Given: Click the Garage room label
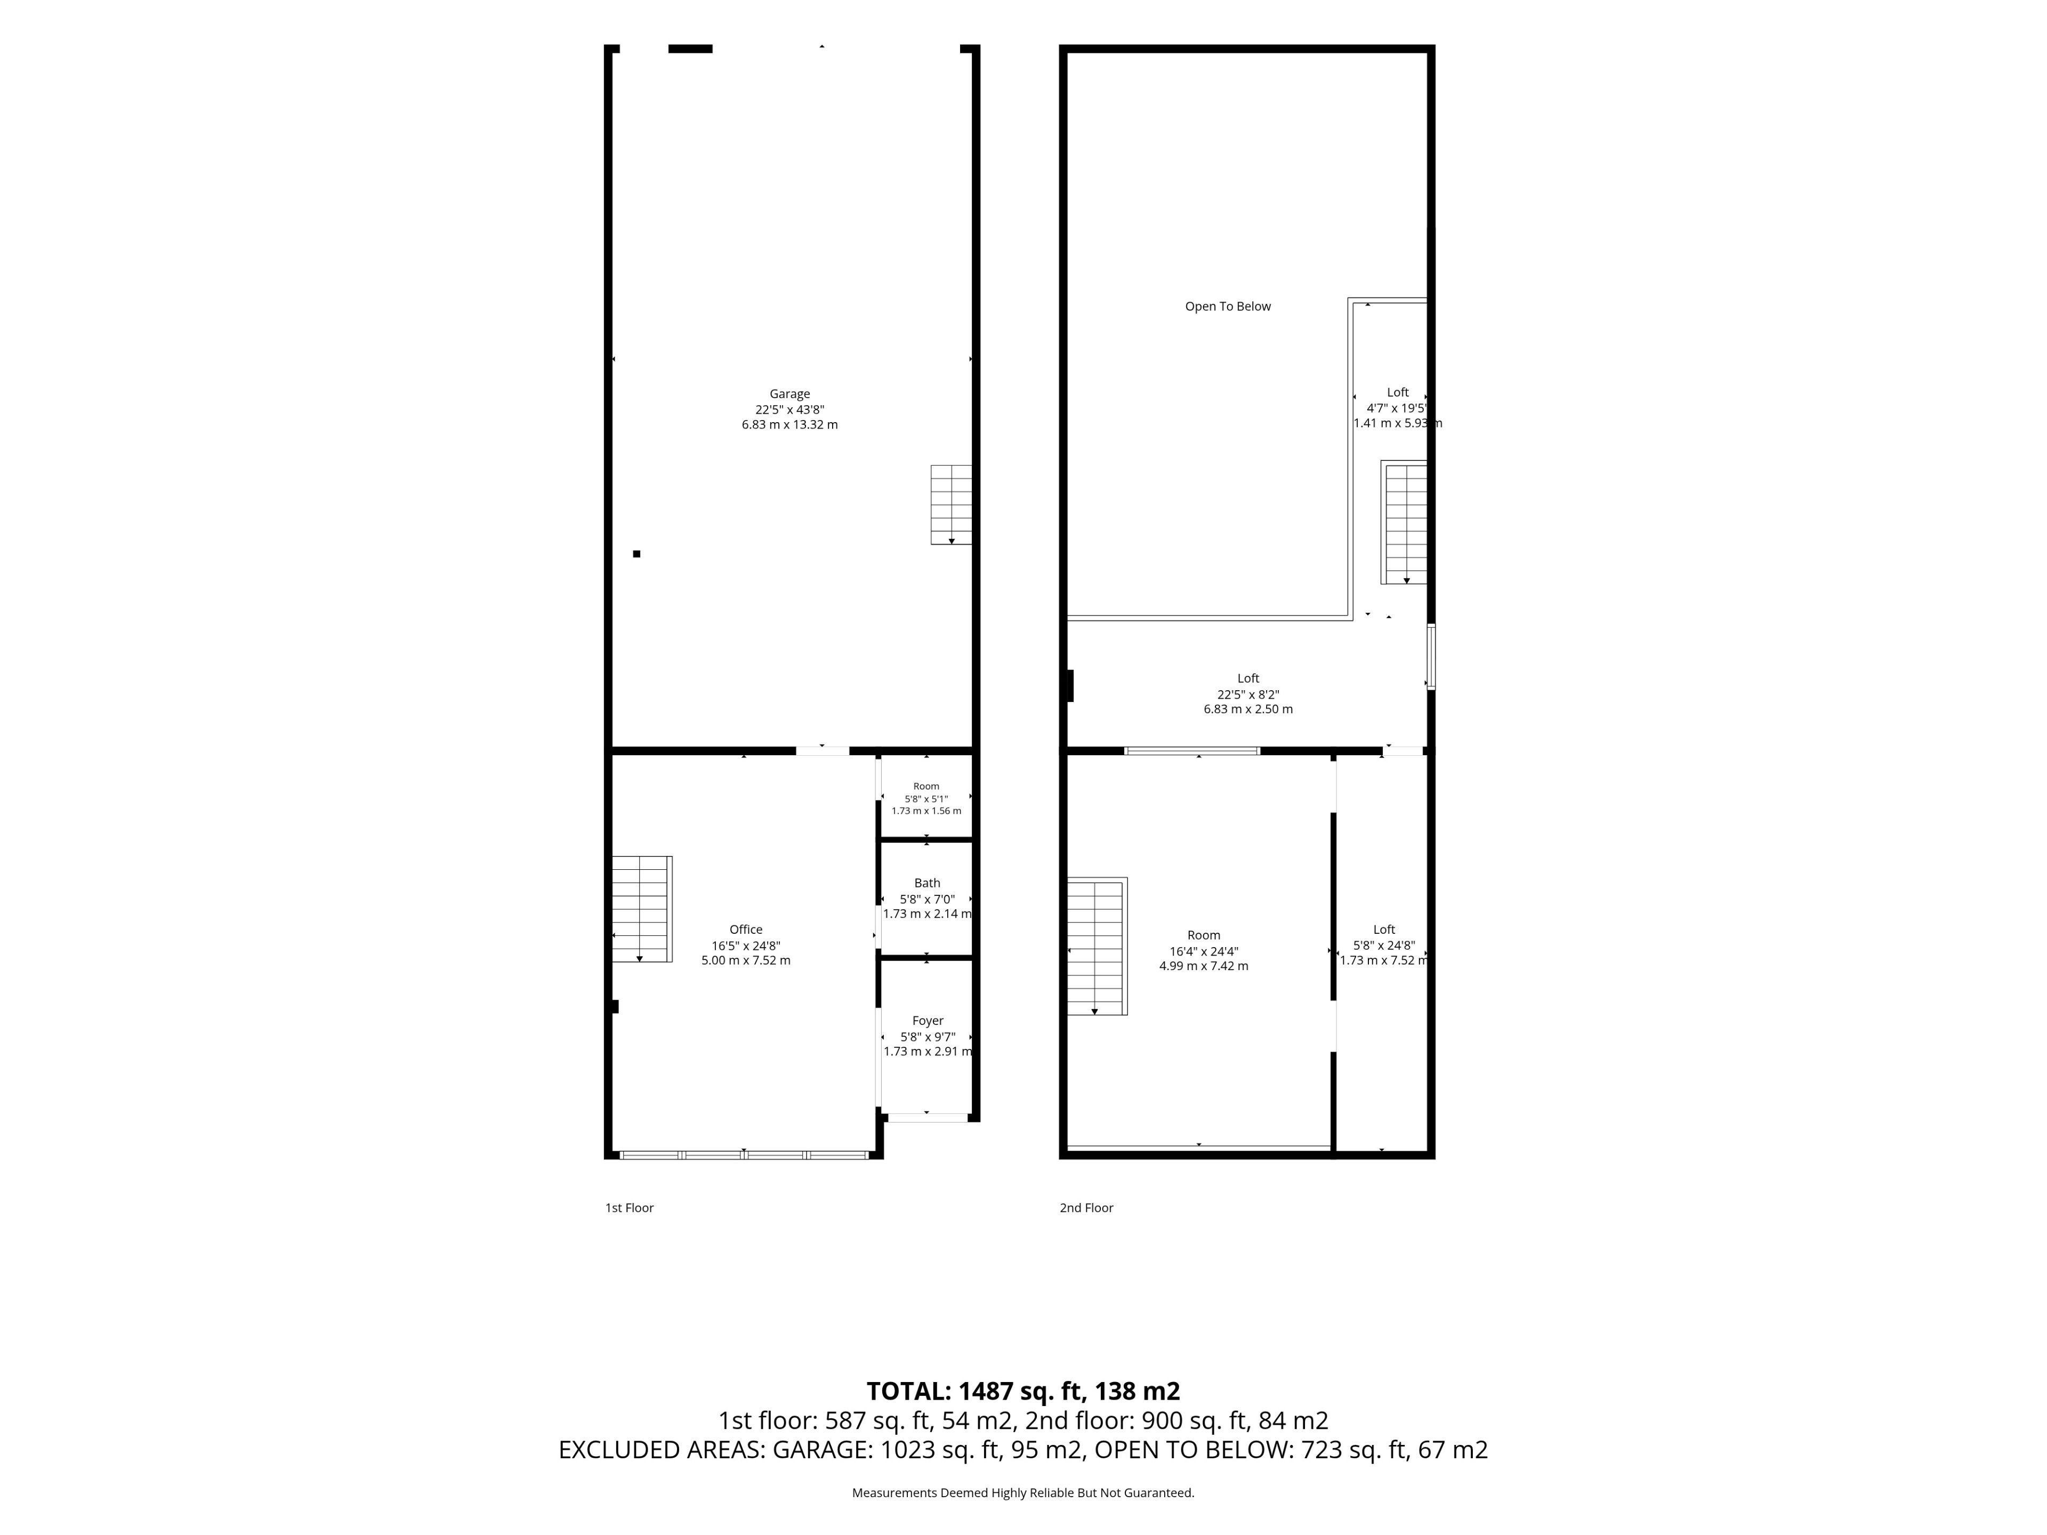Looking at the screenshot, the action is coord(789,394).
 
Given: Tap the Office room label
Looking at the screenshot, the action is coord(746,930).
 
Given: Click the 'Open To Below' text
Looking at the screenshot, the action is coord(1228,306).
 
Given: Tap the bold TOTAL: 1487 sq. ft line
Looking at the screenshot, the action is coord(1023,1391).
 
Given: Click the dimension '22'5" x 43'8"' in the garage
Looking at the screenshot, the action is coord(789,410).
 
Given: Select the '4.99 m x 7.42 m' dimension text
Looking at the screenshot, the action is coord(1204,966).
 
